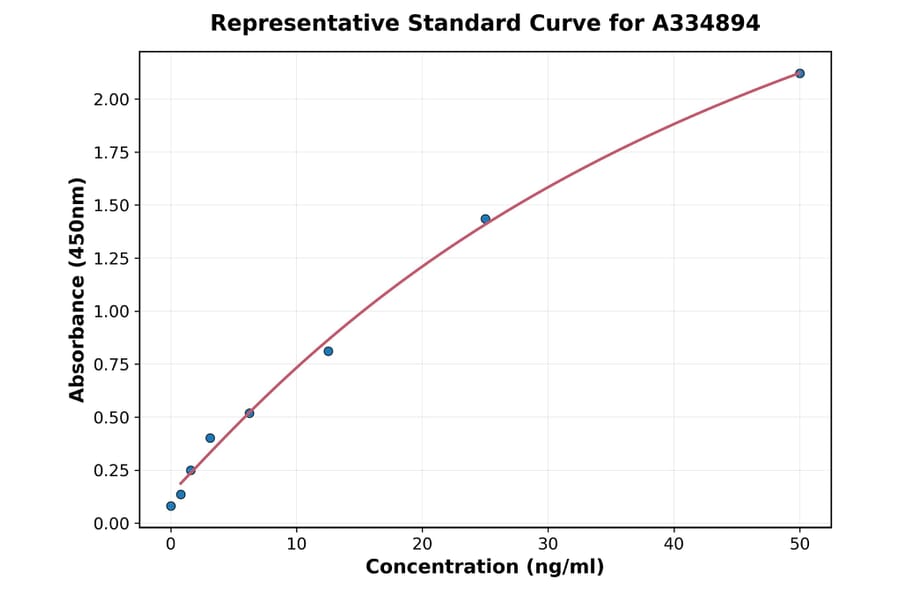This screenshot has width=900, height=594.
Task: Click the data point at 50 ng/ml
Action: tap(800, 73)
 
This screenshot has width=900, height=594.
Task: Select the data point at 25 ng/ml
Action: tap(485, 219)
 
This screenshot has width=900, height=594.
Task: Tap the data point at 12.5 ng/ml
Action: tap(328, 351)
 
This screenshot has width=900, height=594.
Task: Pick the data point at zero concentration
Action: tap(171, 506)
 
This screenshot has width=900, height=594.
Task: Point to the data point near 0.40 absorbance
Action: tap(210, 438)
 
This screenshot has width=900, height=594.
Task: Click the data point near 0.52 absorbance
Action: tap(249, 413)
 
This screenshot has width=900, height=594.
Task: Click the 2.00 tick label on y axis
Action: tap(111, 99)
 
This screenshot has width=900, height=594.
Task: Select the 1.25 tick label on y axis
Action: tap(111, 258)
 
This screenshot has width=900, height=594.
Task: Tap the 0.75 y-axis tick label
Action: tap(111, 364)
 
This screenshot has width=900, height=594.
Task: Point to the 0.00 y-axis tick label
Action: tap(111, 523)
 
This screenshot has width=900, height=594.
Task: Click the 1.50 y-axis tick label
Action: tap(111, 205)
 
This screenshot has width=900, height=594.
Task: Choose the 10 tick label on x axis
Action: tap(296, 545)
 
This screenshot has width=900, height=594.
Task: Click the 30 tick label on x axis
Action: tap(548, 545)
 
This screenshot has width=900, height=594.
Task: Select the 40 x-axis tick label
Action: tap(674, 545)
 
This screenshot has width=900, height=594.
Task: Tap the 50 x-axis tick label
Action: tap(800, 545)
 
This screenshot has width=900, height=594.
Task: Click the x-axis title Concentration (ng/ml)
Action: tap(485, 568)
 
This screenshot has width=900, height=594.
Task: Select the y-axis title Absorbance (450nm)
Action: tap(77, 289)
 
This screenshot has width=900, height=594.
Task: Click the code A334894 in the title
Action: tap(706, 23)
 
